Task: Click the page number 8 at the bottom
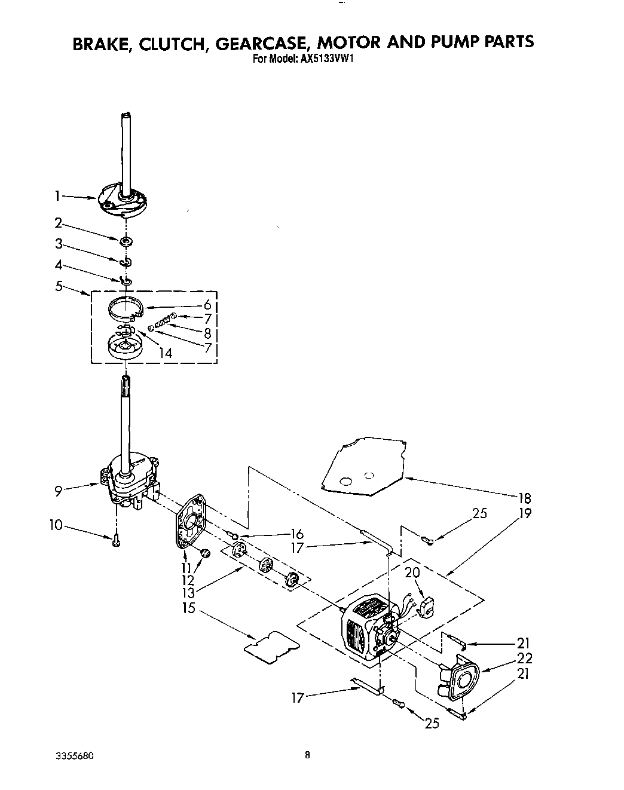[307, 754]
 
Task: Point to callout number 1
[57, 195]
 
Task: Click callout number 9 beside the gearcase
[58, 491]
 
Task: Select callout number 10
[55, 525]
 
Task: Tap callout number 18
[524, 497]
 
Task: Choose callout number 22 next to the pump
[524, 658]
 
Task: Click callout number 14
[165, 353]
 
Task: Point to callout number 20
[412, 572]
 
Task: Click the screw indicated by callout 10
[115, 540]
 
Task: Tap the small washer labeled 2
[126, 241]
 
